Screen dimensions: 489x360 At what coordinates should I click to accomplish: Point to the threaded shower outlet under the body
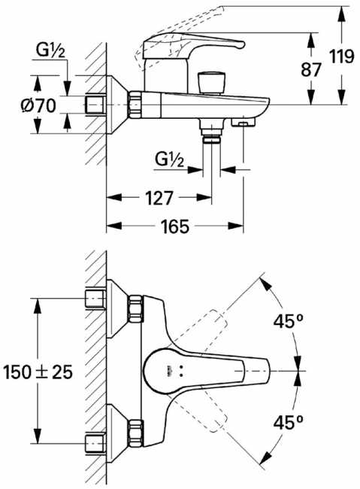tap(213, 134)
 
